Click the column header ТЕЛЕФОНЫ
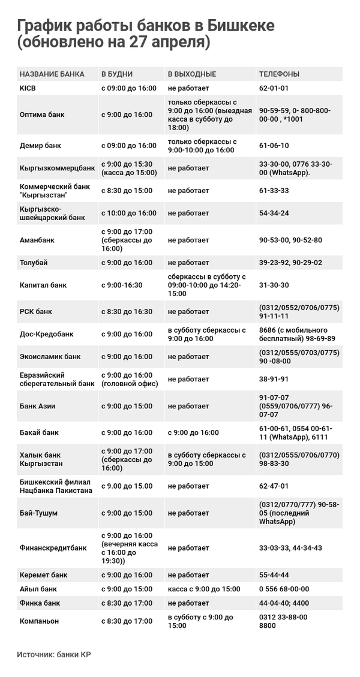click(x=279, y=74)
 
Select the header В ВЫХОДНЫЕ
click(x=191, y=74)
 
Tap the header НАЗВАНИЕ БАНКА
click(x=52, y=74)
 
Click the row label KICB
click(x=29, y=88)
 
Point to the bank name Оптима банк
click(x=42, y=115)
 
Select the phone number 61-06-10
click(x=274, y=146)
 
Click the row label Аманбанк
click(x=37, y=240)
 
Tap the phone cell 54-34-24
click(x=274, y=213)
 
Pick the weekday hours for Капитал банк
click(x=122, y=285)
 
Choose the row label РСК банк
click(x=36, y=312)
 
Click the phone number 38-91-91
click(x=274, y=379)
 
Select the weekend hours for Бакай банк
click(x=193, y=432)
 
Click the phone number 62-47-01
click(x=274, y=486)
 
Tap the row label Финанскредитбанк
click(x=53, y=548)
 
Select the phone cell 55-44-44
click(x=274, y=574)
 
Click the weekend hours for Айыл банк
click(x=203, y=589)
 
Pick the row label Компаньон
click(x=40, y=621)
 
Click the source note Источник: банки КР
click(x=54, y=654)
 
